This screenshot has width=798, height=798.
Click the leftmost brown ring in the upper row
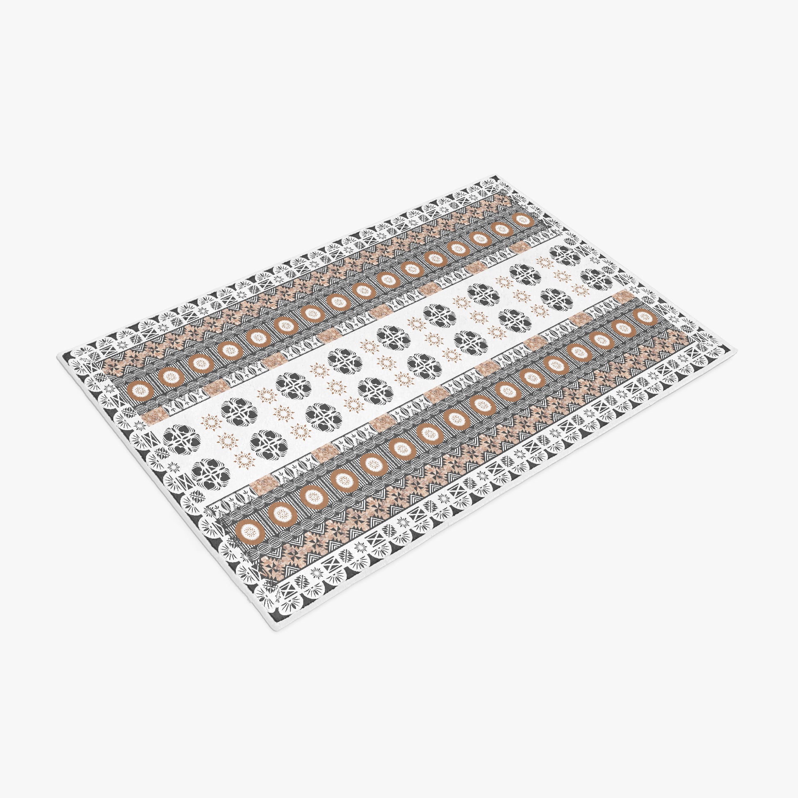137,389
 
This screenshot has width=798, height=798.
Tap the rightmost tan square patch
625,296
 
